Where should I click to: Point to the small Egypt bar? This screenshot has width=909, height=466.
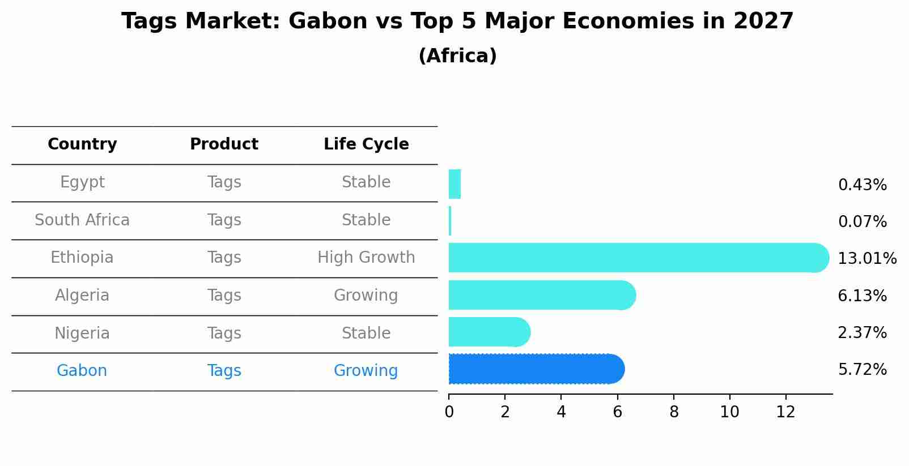click(x=455, y=184)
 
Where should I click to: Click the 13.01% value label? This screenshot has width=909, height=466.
click(x=866, y=259)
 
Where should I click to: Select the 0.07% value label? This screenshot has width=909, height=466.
click(x=862, y=222)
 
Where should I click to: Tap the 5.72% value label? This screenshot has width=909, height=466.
click(x=862, y=370)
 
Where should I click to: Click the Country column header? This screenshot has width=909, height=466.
click(x=82, y=144)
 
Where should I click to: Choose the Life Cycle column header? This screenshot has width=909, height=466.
click(x=366, y=144)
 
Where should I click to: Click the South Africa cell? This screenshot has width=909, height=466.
click(x=82, y=220)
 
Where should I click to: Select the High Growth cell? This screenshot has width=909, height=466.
click(x=366, y=258)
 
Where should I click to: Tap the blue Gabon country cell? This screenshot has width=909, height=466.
click(x=82, y=371)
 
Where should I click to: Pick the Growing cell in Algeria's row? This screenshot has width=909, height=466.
click(x=366, y=296)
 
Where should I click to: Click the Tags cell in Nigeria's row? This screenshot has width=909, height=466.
click(x=224, y=334)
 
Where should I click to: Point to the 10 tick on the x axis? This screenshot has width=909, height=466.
click(x=729, y=412)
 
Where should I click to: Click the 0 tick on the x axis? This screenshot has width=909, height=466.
click(x=449, y=412)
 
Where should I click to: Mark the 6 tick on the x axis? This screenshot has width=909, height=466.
click(x=617, y=412)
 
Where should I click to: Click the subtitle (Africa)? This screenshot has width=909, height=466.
click(x=457, y=56)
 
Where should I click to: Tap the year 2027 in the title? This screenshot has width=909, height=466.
click(x=763, y=22)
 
